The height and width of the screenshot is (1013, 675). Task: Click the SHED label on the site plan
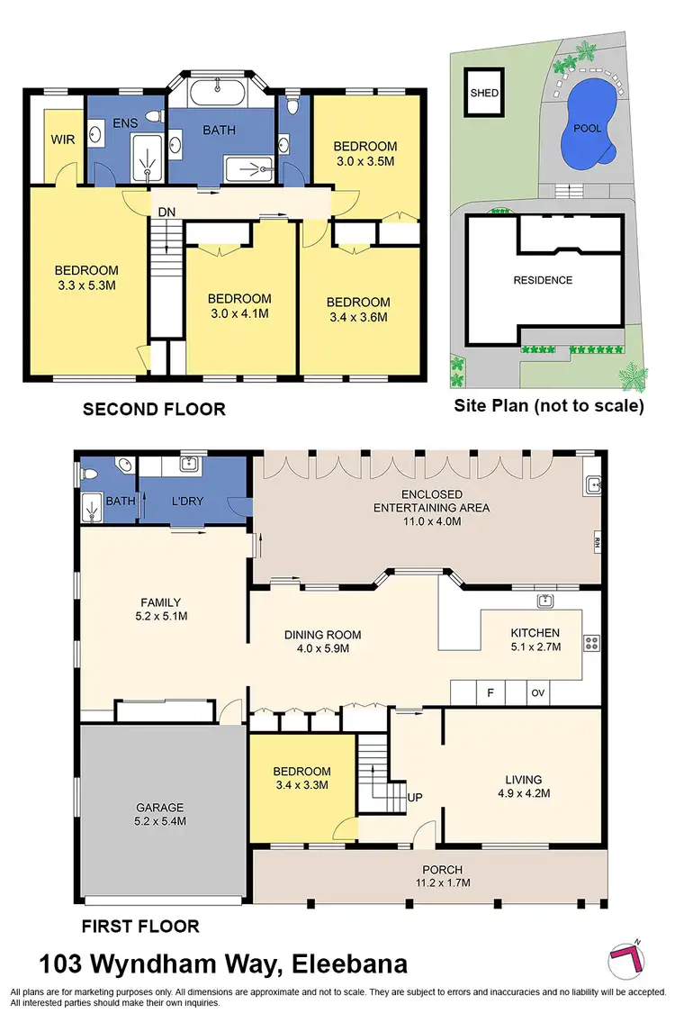483,93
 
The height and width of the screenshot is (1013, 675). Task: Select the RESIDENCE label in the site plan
543,280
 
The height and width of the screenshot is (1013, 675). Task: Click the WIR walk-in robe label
62,140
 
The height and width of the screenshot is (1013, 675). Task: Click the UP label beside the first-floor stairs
416,798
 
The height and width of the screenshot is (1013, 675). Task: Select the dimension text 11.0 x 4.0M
431,520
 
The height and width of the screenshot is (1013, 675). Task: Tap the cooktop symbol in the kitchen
592,643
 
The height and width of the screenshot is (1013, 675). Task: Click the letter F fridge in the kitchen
491,693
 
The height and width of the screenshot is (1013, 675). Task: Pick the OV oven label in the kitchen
538,693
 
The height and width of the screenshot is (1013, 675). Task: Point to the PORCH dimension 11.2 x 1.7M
442,882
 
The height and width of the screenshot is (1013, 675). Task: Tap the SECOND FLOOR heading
154,410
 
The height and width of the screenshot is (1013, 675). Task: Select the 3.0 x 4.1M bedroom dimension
239,313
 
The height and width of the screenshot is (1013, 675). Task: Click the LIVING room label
523,780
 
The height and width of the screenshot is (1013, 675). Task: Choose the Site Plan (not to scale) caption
549,406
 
